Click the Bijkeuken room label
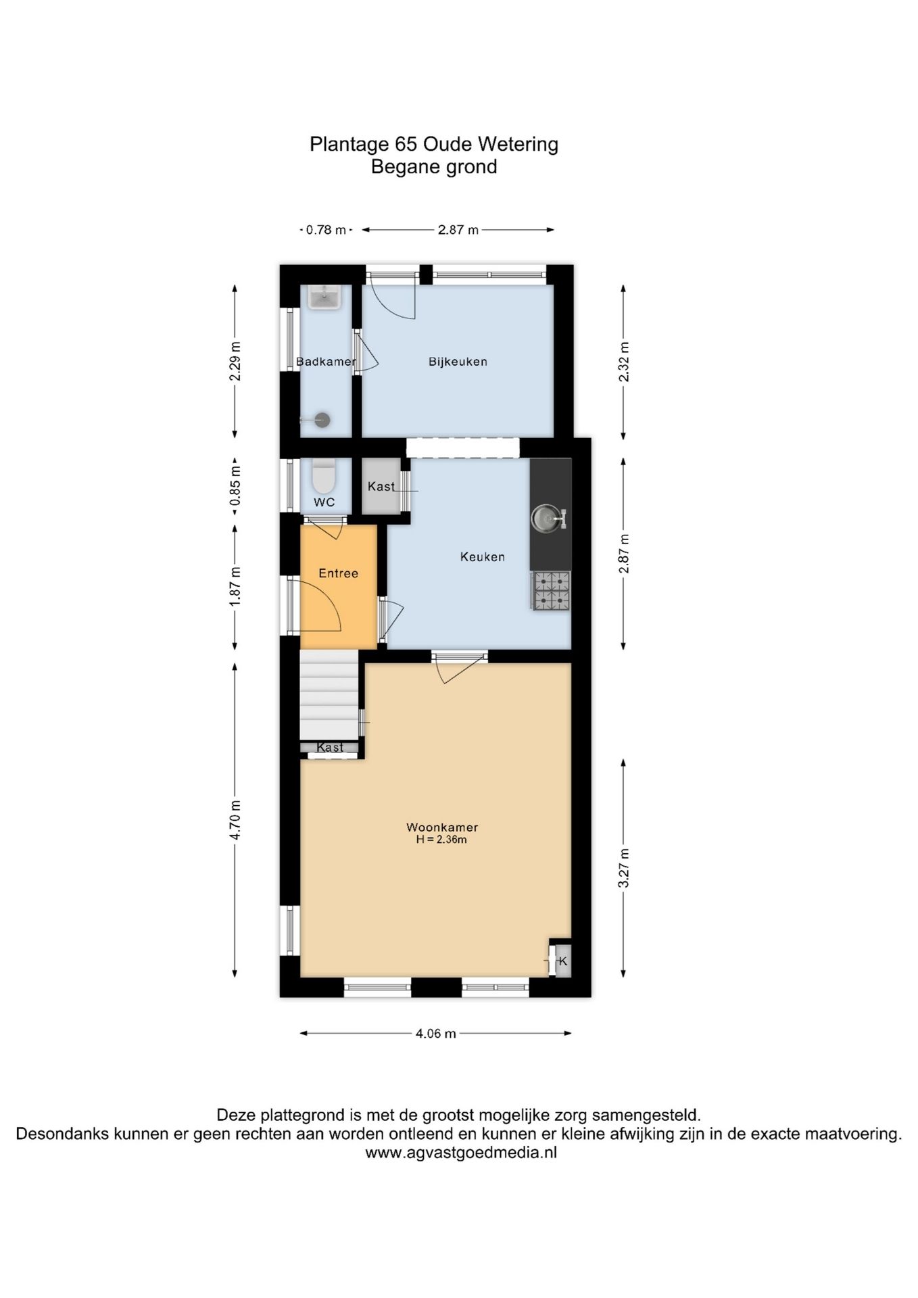(458, 362)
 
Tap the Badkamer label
(326, 362)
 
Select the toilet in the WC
(324, 477)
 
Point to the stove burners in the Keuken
(552, 591)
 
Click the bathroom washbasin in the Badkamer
(325, 297)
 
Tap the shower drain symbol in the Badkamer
(322, 420)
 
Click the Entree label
(338, 573)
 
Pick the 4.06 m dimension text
(435, 1034)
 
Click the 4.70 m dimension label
(235, 819)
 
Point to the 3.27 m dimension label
(624, 868)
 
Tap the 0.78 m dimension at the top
(326, 230)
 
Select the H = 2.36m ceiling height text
(441, 840)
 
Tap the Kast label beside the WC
(381, 487)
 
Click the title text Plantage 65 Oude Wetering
(434, 144)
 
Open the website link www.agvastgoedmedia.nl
(461, 1153)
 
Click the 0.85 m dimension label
(235, 485)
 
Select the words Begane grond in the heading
(434, 167)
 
